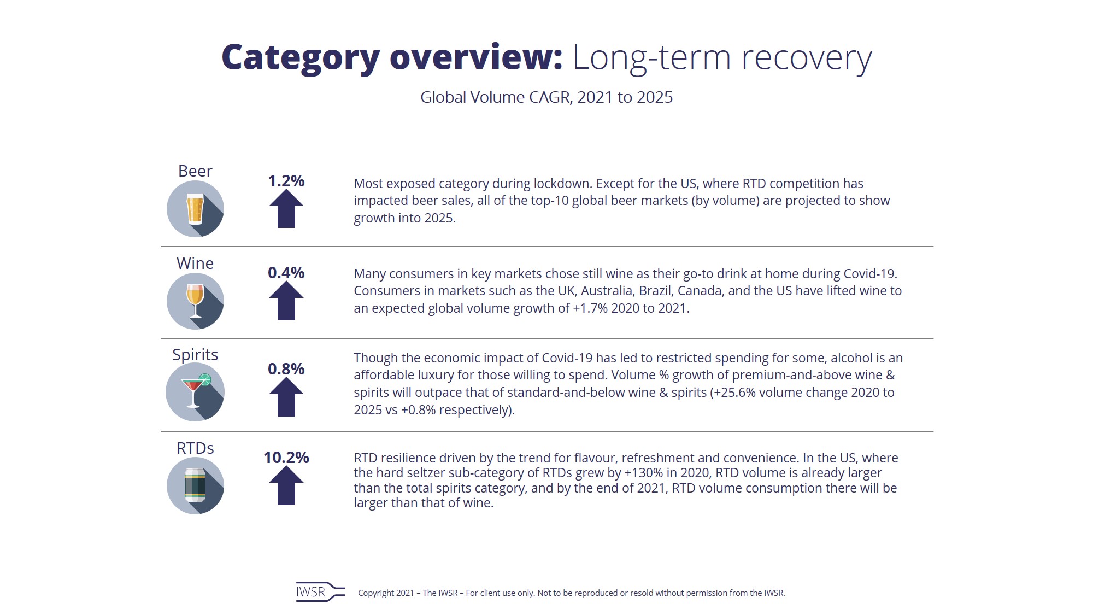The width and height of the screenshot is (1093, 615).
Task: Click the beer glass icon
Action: point(195,209)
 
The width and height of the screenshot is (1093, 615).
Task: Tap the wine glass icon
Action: point(195,301)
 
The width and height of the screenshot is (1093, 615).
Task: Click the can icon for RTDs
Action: point(195,485)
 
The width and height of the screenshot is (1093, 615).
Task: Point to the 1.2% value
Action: point(286,181)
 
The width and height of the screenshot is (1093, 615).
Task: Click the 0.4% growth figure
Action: point(286,273)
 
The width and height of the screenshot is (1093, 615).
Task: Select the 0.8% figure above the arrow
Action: point(286,369)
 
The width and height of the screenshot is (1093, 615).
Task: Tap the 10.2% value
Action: point(286,458)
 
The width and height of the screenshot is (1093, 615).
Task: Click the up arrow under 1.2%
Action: point(286,209)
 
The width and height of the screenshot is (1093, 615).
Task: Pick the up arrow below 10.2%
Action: point(286,487)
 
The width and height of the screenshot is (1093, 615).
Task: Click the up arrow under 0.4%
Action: point(286,301)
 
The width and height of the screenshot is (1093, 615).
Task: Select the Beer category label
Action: point(195,171)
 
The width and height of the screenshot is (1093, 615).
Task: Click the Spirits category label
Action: point(195,355)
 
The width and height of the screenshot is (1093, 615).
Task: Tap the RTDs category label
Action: point(195,448)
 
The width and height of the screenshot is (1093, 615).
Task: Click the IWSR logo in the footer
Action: point(320,592)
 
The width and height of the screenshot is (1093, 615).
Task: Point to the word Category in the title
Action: point(301,58)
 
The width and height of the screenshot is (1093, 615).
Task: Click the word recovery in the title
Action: point(806,58)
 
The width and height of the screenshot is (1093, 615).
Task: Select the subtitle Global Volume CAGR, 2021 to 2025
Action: point(546,97)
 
